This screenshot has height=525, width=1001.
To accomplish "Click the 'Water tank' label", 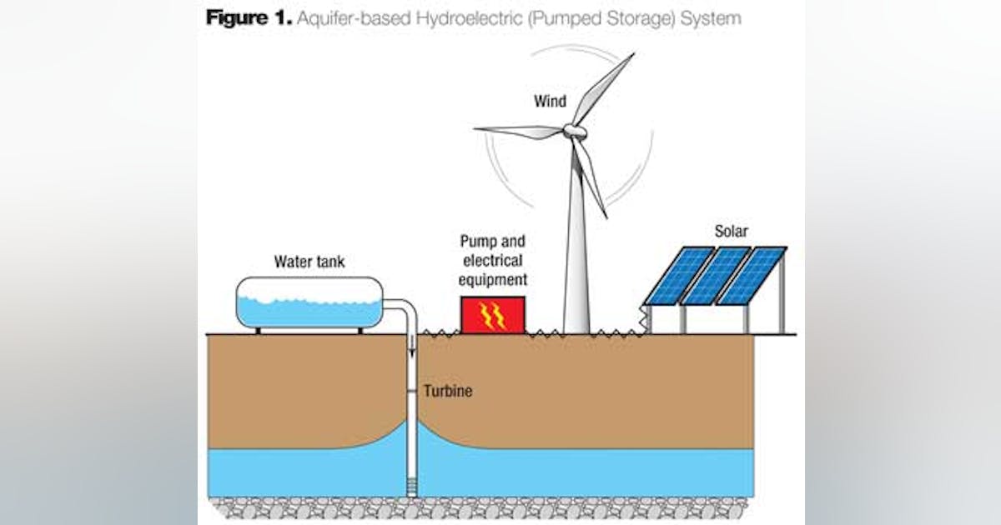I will tap(309, 262).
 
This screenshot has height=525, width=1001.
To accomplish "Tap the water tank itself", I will tap(309, 302).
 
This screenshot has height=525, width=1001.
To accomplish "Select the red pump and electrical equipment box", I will tap(493, 315).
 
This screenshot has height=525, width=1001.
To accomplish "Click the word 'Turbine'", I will tap(447, 390).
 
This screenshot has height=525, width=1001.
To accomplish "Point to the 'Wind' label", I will tap(550, 102).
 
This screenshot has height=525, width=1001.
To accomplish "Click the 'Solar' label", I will tap(731, 230).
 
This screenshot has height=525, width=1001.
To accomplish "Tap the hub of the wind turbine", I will tap(572, 131).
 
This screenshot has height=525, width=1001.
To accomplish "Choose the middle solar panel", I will tap(715, 276).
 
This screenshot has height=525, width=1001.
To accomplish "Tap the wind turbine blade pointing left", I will tap(517, 131).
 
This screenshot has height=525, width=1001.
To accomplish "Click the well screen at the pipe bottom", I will tap(411, 483).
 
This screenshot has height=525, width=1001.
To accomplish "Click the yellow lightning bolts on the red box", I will tap(493, 316).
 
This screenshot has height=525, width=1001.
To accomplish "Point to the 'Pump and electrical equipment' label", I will tap(493, 260).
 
